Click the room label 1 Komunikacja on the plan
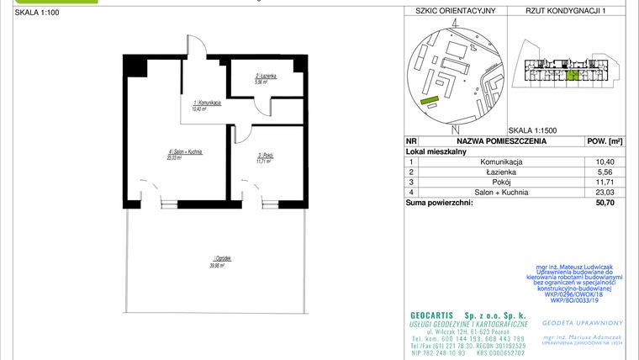pyautogui.click(x=207, y=105)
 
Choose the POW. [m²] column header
pyautogui.click(x=604, y=141)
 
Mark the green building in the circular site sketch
pyautogui.click(x=430, y=101)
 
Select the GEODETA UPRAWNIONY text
pyautogui.click(x=588, y=322)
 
